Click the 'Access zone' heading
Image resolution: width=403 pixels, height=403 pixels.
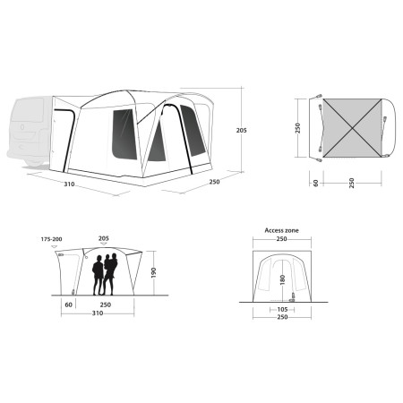pyautogui.click(x=281, y=230)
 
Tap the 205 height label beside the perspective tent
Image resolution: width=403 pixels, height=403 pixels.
pyautogui.click(x=241, y=131)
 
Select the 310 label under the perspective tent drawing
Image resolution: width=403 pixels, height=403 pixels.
pyautogui.click(x=69, y=184)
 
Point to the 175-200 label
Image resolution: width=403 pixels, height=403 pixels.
pyautogui.click(x=51, y=239)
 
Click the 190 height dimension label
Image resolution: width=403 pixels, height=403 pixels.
pyautogui.click(x=153, y=273)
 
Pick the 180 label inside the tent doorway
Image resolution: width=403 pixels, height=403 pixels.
pyautogui.click(x=283, y=279)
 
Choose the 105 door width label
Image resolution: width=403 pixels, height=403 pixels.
pyautogui.click(x=282, y=310)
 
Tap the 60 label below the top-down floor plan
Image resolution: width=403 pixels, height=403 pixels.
pyautogui.click(x=316, y=183)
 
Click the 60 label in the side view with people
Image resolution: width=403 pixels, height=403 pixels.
pyautogui.click(x=68, y=304)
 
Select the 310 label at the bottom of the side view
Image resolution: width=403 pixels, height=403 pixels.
pyautogui.click(x=98, y=313)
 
